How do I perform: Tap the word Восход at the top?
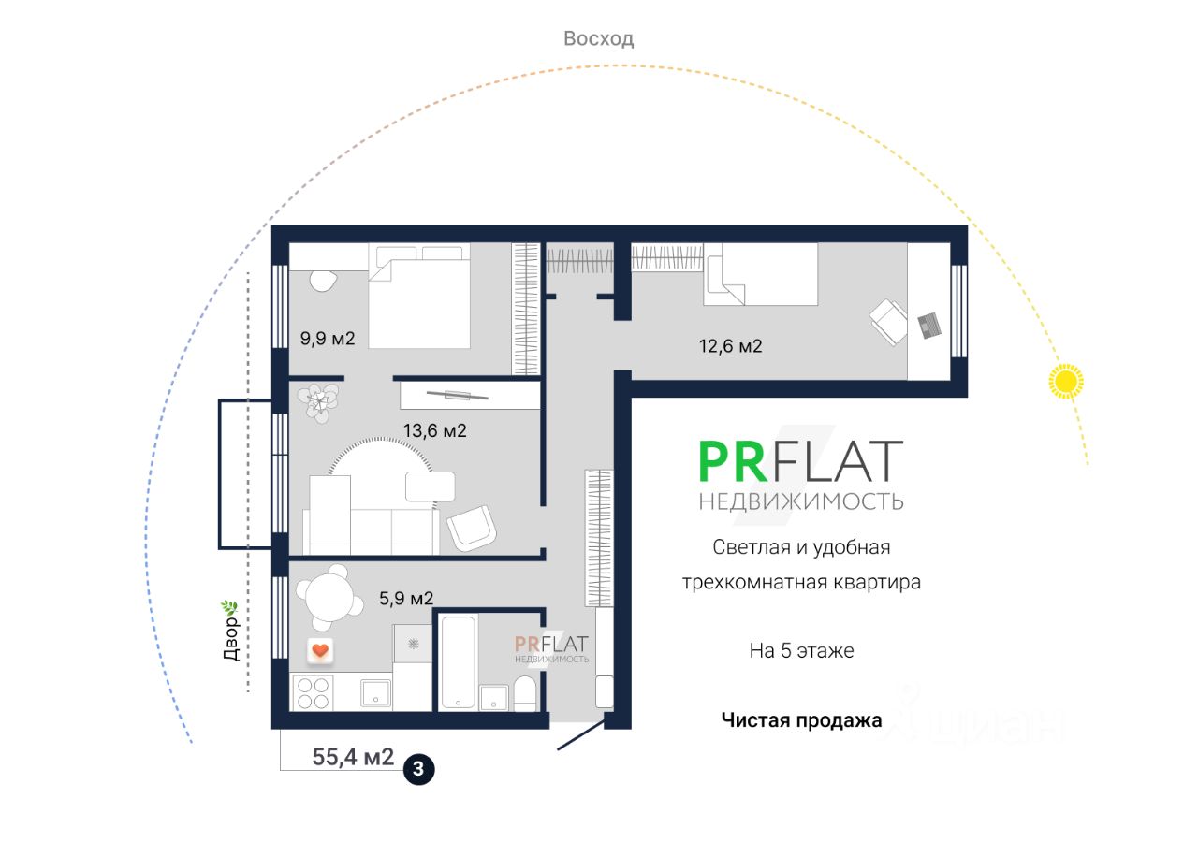[598, 38]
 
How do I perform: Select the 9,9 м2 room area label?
[327, 339]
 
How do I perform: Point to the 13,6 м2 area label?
[434, 431]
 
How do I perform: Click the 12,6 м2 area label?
[730, 346]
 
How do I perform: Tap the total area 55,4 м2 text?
[353, 757]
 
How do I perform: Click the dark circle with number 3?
[418, 770]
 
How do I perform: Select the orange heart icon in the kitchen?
[320, 650]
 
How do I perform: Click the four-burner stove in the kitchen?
[313, 692]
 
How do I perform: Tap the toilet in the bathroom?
[525, 694]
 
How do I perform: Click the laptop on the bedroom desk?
[929, 325]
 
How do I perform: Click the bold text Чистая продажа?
[801, 720]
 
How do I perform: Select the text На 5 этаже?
[801, 650]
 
